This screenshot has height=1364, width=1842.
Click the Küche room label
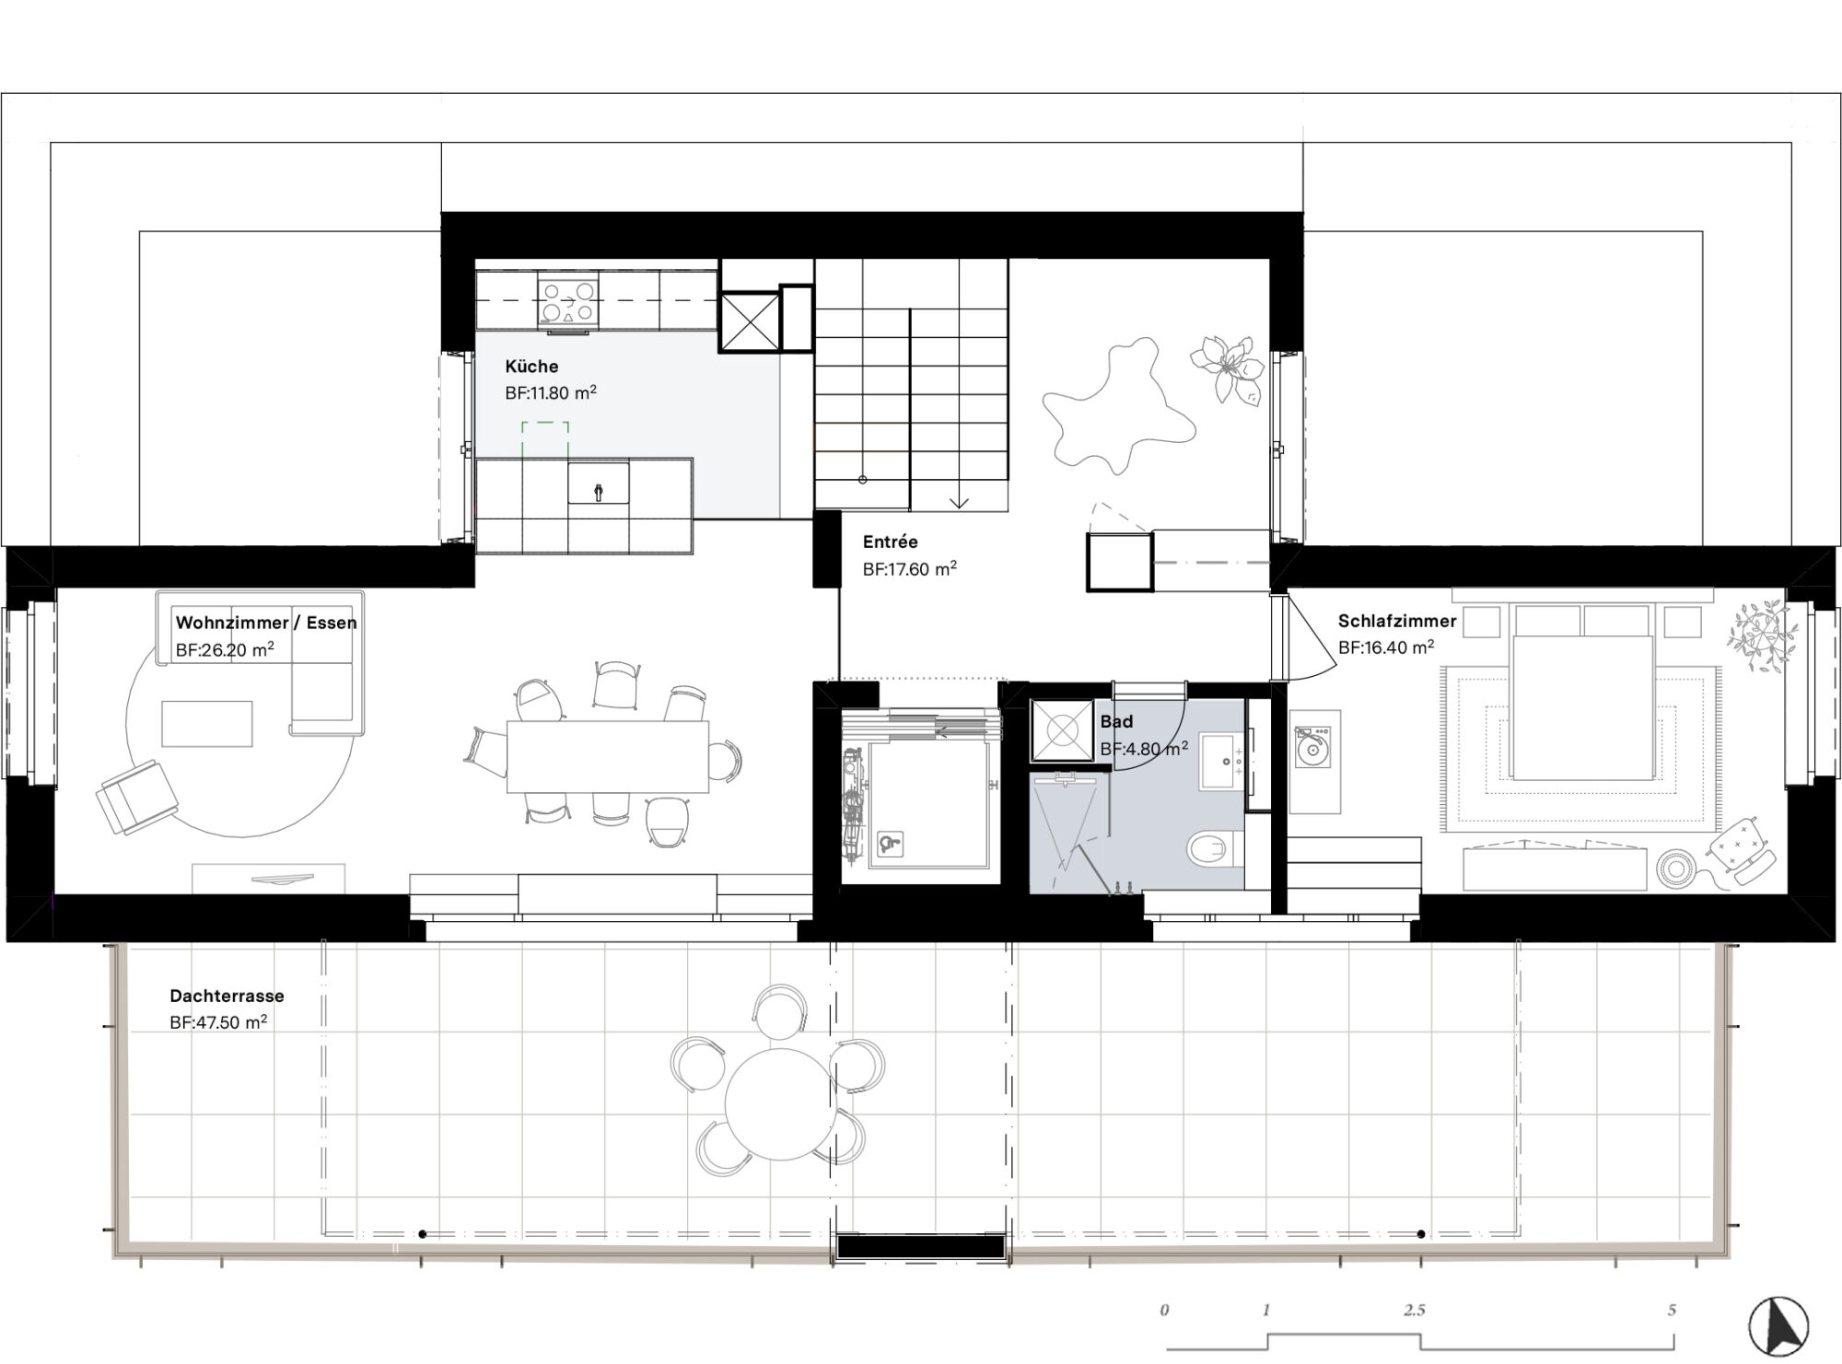pyautogui.click(x=531, y=367)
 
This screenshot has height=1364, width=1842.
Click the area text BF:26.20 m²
pyautogui.click(x=225, y=650)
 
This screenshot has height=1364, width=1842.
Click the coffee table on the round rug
pyautogui.click(x=206, y=723)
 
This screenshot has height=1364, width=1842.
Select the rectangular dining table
pyautogui.click(x=607, y=756)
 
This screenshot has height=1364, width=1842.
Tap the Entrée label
pyautogui.click(x=890, y=542)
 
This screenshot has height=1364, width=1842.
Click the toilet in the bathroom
pyautogui.click(x=1214, y=848)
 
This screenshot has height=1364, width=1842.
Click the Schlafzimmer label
pyautogui.click(x=1396, y=622)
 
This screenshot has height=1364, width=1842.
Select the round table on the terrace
pyautogui.click(x=779, y=1102)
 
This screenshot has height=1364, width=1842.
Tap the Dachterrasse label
pyautogui.click(x=227, y=997)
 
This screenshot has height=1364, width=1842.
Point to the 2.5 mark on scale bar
pyautogui.click(x=1414, y=1311)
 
